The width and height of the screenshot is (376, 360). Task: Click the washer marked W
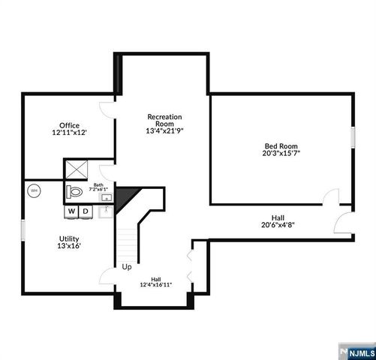coord(71,211)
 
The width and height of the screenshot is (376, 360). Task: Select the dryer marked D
coord(86,211)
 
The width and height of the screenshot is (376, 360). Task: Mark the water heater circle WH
coord(33,191)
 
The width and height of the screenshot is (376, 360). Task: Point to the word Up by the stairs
coord(127,267)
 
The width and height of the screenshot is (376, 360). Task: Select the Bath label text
coord(98,184)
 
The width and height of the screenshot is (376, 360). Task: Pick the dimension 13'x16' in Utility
coord(69,244)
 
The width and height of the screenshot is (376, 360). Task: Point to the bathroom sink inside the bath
coord(107,198)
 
